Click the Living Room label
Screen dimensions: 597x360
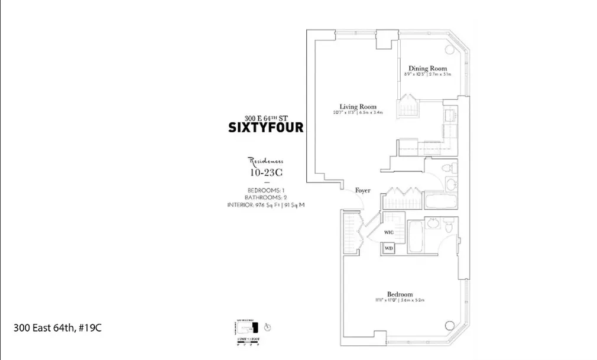[x=353, y=106]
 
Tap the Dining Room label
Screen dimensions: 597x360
[x=427, y=69]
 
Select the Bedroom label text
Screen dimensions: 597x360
[x=400, y=294]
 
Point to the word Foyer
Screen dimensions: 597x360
[x=362, y=190]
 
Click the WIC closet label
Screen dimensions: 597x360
[x=389, y=232]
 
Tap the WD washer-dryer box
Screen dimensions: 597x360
[x=388, y=248]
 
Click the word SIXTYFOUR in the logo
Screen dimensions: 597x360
[x=265, y=127]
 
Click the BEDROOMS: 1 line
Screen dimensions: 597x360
[x=265, y=189]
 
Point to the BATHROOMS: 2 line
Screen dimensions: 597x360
[x=265, y=197]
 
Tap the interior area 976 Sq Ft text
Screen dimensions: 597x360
[x=265, y=205]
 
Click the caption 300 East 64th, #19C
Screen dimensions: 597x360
[x=57, y=327]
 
